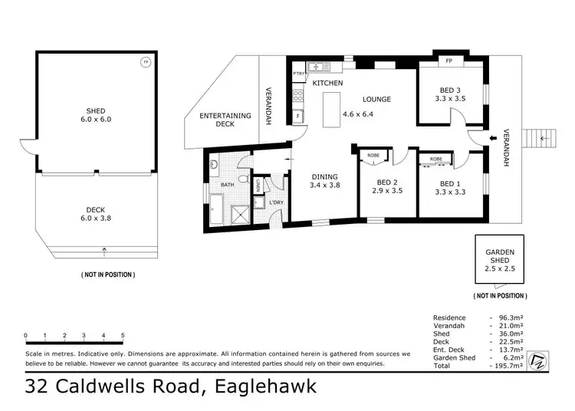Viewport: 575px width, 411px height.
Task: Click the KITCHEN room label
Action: point(327,83)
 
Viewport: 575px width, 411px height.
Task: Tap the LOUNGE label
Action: point(376,99)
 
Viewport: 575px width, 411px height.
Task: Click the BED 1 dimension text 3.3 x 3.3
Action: point(450,193)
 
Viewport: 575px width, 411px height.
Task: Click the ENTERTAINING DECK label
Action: point(225,120)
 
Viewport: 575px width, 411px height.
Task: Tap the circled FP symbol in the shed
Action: point(146,62)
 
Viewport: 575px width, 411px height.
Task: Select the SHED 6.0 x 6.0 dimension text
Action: point(96,120)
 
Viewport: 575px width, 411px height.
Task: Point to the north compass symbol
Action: point(537,360)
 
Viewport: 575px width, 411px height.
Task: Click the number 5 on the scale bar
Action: point(123,335)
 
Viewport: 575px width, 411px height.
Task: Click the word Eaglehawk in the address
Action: point(260,386)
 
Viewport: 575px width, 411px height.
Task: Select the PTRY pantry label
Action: point(297,74)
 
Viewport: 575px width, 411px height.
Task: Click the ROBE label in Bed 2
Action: point(373,154)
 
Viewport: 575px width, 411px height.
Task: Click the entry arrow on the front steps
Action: point(544,138)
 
